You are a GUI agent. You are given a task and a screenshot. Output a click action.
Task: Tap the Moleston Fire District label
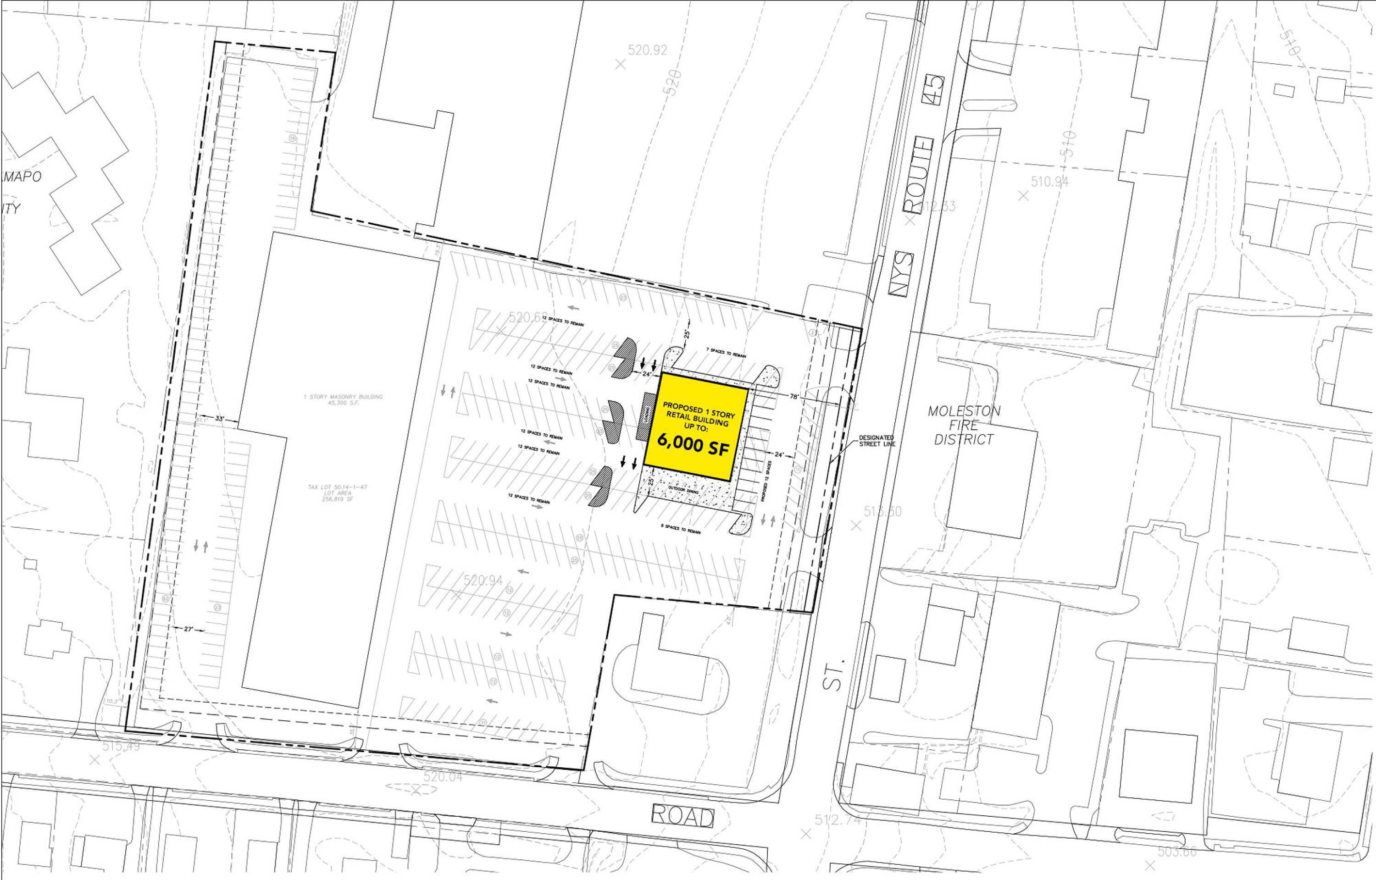(964, 425)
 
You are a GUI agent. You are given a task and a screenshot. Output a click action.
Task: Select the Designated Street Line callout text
(877, 441)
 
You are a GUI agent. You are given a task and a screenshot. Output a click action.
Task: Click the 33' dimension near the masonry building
(219, 418)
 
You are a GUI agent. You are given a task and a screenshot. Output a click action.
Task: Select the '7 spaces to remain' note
(726, 353)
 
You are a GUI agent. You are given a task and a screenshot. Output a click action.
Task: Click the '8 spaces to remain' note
(680, 529)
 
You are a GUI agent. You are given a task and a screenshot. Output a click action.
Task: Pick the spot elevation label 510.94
(1050, 182)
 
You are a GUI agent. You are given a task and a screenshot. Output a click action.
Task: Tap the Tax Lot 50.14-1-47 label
(337, 493)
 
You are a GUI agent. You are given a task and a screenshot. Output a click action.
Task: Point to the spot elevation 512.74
(837, 820)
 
